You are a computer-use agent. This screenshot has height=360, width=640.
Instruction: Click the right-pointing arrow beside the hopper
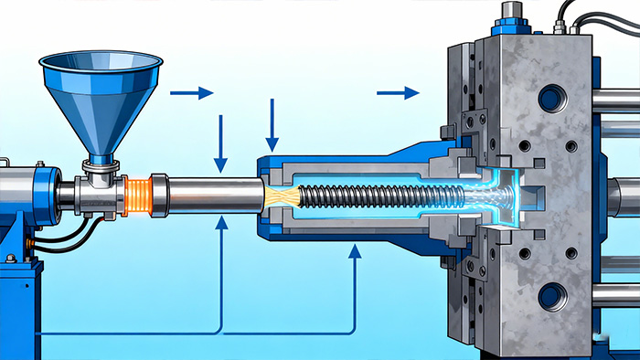click(191, 92)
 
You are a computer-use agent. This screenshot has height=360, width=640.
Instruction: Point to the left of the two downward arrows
click(220, 143)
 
